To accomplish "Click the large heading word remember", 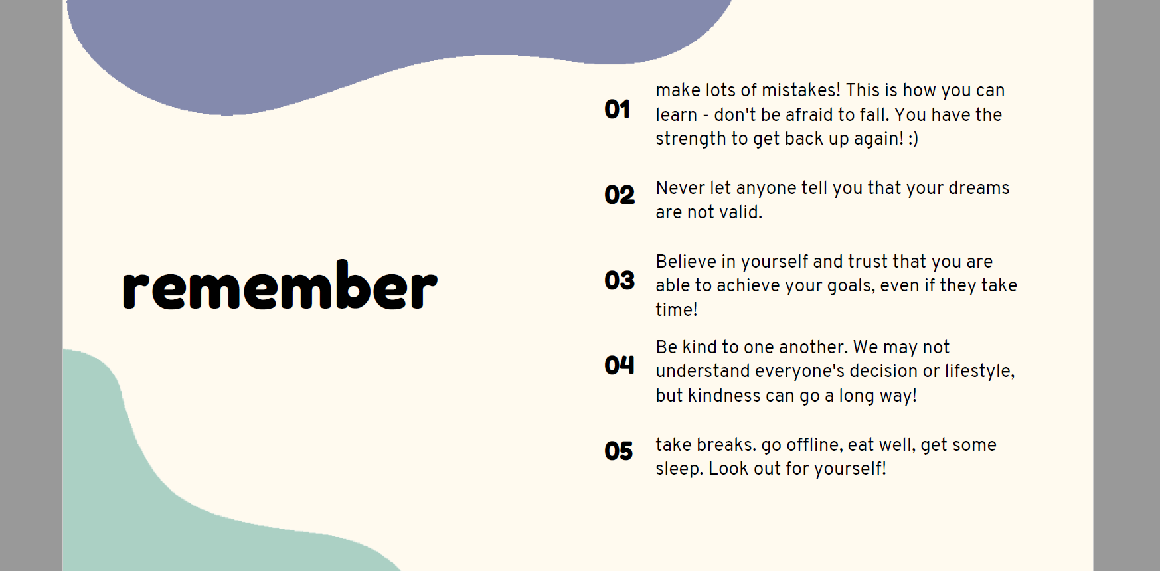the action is pos(280,285).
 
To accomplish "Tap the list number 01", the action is pos(617,110).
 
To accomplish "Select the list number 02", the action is pos(620,195).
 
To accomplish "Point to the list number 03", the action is pos(620,280).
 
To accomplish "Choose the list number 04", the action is pos(620,365).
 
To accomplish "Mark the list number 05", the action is pos(619,451).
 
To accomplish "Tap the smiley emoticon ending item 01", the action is pos(913,139).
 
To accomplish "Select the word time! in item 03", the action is pos(677,310).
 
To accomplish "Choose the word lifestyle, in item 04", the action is pos(979,371).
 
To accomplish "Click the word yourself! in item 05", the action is pos(850,469).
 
